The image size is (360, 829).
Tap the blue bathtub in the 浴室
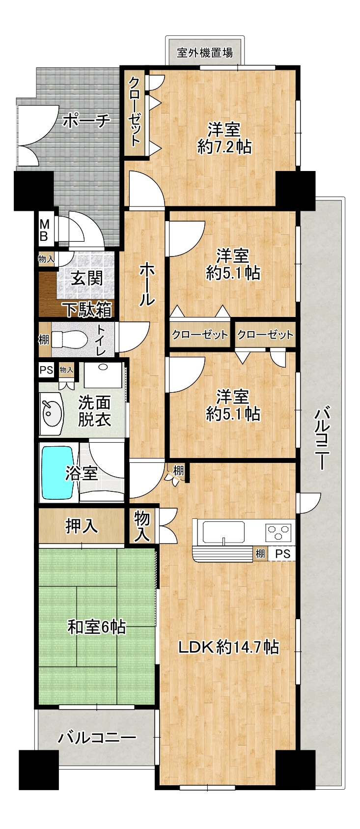pyautogui.click(x=58, y=473)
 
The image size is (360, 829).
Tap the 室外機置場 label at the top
pyautogui.click(x=205, y=53)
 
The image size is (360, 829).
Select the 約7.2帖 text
pyautogui.click(x=224, y=147)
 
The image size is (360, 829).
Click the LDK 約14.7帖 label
pyautogui.click(x=229, y=647)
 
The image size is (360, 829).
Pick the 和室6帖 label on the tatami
pyautogui.click(x=96, y=628)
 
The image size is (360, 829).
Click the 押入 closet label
pyautogui.click(x=82, y=526)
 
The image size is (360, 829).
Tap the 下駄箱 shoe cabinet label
pyautogui.click(x=88, y=310)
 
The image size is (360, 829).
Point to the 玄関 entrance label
pyautogui.click(x=86, y=278)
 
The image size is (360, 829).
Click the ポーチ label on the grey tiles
pyautogui.click(x=87, y=121)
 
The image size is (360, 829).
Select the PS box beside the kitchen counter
pyautogui.click(x=283, y=554)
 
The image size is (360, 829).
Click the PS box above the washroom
pyautogui.click(x=46, y=370)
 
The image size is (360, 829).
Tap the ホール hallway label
pyautogui.click(x=146, y=284)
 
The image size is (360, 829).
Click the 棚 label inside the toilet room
pyautogui.click(x=44, y=340)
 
